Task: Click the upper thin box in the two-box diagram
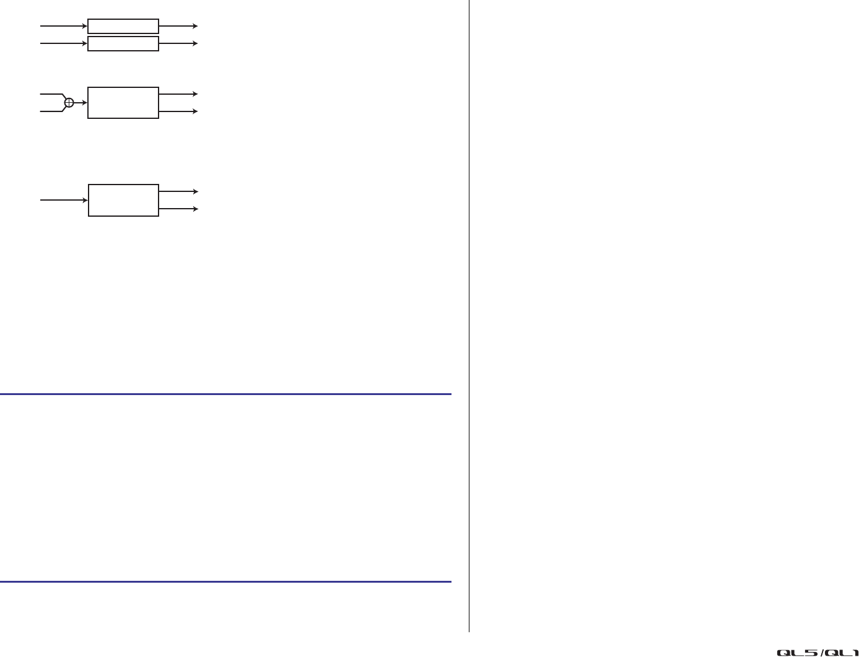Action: (x=123, y=26)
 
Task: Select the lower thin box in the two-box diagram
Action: (x=123, y=43)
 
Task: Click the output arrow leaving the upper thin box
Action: (x=178, y=26)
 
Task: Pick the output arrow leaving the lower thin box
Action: (x=178, y=43)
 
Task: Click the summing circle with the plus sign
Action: (x=69, y=103)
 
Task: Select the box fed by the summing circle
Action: (x=123, y=103)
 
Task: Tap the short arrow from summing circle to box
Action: (x=81, y=103)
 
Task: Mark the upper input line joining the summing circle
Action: (x=51, y=94)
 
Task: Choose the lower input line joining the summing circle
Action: (x=51, y=111)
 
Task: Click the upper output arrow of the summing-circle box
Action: (x=178, y=94)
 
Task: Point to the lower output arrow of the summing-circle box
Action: (x=178, y=111)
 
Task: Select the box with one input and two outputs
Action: (x=123, y=200)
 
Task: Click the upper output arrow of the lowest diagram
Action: (x=178, y=192)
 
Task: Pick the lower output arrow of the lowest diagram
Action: (x=178, y=209)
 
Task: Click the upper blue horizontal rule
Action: (x=225, y=394)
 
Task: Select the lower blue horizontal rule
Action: (x=225, y=582)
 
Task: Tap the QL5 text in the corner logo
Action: (x=798, y=652)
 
